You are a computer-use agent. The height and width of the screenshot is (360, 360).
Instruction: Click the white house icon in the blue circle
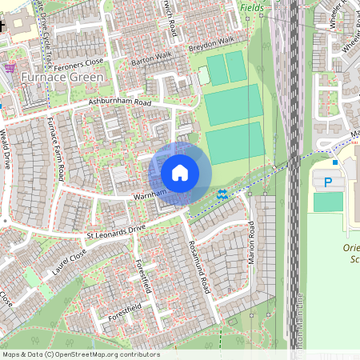pos(180,173)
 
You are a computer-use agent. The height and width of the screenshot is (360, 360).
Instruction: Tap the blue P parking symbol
pos(328,182)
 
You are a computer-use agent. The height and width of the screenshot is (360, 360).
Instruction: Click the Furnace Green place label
pos(62,78)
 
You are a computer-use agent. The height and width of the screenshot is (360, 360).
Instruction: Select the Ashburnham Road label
pos(120,103)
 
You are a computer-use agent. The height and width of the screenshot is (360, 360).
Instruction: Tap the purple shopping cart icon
pos(9,69)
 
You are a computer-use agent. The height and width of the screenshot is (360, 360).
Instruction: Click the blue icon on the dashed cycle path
pos(222,194)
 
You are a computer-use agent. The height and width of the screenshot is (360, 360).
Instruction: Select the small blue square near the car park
pos(335,162)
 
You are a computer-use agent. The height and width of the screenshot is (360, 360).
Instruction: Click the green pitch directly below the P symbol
pos(328,202)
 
